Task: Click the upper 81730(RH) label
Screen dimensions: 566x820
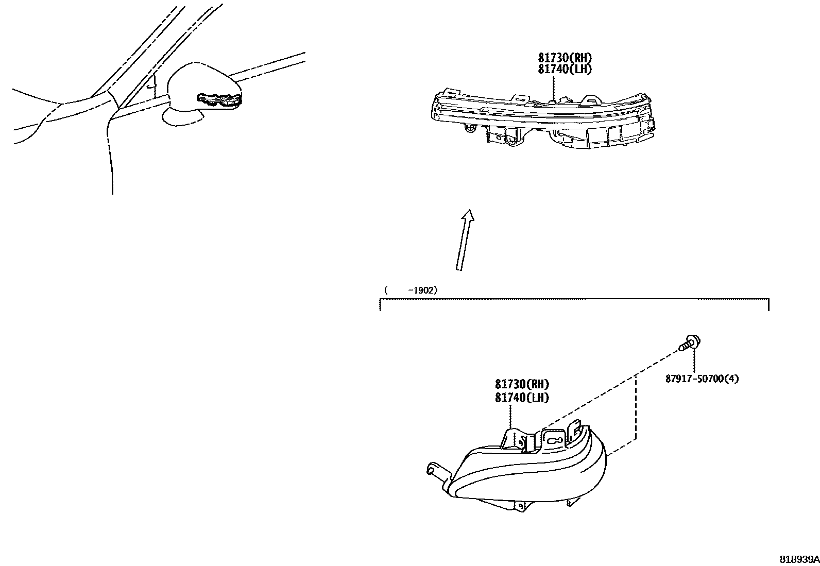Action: pos(565,58)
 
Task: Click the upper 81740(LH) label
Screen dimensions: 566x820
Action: pos(565,69)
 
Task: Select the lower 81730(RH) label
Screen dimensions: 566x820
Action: pos(522,384)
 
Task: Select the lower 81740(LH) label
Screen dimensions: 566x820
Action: pos(522,397)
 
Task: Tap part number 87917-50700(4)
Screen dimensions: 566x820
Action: pos(702,379)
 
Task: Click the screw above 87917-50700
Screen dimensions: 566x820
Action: pos(691,342)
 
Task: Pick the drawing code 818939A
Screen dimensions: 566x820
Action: pos(798,559)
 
